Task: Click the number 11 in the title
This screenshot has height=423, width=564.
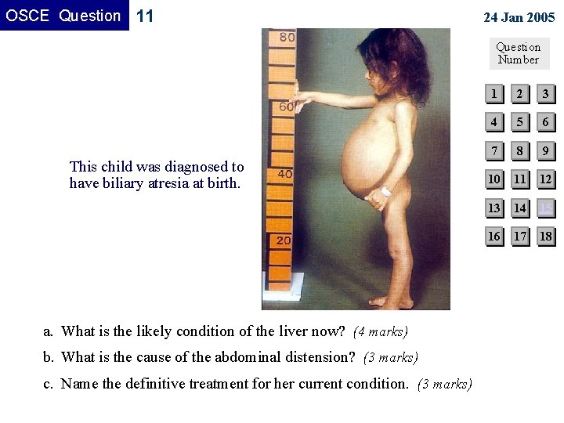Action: click(145, 16)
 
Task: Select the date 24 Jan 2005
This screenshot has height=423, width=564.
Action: click(519, 17)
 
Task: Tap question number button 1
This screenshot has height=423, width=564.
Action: click(493, 94)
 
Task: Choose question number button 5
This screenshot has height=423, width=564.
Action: click(519, 122)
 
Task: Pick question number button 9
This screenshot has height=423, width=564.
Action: click(545, 150)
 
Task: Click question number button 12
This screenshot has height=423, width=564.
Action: click(545, 179)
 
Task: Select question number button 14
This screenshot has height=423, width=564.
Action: click(519, 208)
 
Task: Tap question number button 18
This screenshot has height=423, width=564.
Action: click(545, 236)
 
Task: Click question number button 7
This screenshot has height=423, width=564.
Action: click(493, 150)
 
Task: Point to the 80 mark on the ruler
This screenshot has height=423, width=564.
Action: click(287, 37)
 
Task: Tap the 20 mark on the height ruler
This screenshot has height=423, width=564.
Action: click(283, 240)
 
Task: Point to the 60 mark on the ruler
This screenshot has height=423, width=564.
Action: click(287, 107)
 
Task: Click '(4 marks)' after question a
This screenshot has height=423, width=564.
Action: click(381, 332)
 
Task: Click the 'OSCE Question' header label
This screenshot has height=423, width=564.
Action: click(63, 16)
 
